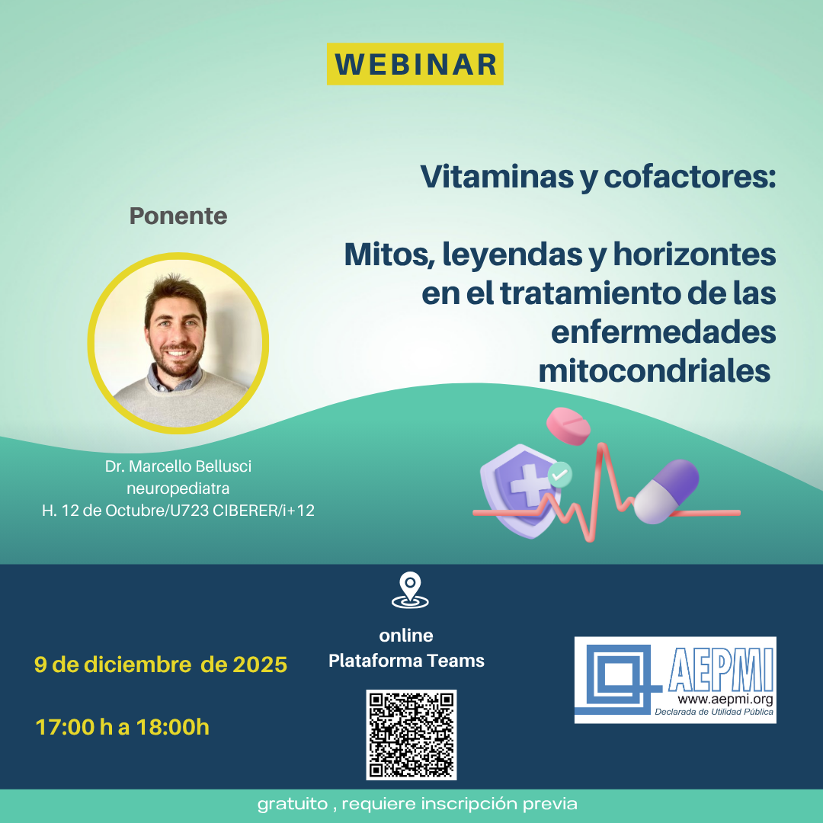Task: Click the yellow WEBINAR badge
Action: pos(415,64)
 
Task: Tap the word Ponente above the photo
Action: pos(178,216)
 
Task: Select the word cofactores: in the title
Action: pos(690,178)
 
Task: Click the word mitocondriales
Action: pos(655,371)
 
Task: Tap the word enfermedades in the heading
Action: pos(663,332)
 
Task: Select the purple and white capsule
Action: pos(667,492)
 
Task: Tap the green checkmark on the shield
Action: pos(560,475)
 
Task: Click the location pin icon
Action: pos(410,591)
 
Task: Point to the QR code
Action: pos(411,735)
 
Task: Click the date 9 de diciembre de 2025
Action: pos(161,664)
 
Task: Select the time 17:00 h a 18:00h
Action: pos(123,727)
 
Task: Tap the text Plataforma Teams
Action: pos(406,661)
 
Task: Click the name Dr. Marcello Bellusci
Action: pos(178,466)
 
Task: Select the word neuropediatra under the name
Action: pos(178,488)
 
